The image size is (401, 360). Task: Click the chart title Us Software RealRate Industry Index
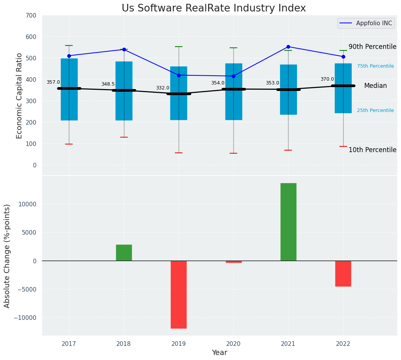[x=214, y=8]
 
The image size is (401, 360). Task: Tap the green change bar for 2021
[x=288, y=222]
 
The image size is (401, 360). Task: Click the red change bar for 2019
[x=179, y=294]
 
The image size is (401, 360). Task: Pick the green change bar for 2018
[x=124, y=253]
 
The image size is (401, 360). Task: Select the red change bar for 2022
[x=343, y=273]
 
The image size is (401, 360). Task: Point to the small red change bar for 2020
[x=233, y=262]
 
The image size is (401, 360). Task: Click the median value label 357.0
[x=53, y=82]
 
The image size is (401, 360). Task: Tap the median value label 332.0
[x=163, y=88]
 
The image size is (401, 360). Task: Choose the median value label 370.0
[x=327, y=79]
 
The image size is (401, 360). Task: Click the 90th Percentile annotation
[x=372, y=47]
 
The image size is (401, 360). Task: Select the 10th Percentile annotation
[x=372, y=150]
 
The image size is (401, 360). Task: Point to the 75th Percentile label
[x=375, y=66]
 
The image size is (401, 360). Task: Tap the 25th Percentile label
[x=375, y=110]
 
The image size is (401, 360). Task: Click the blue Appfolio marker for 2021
[x=288, y=47]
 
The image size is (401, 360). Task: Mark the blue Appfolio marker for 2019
[x=179, y=75]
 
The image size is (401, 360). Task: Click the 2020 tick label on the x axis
[x=233, y=344]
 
